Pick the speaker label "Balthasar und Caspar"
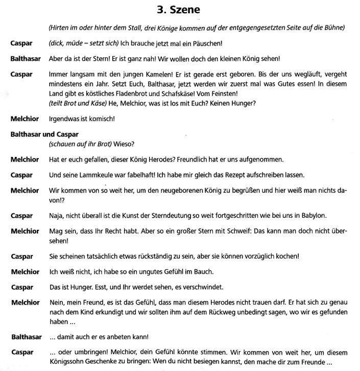click(x=44, y=134)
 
